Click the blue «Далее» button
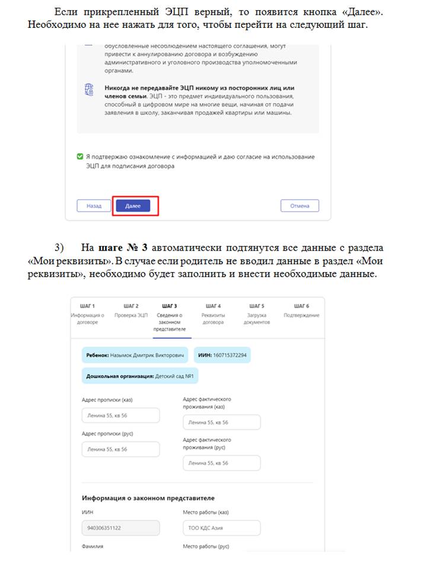[133, 206]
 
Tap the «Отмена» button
[299, 206]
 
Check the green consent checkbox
[80, 157]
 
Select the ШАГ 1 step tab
[87, 314]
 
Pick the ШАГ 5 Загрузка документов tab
[257, 314]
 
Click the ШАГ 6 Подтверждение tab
[302, 310]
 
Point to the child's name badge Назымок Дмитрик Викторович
[135, 355]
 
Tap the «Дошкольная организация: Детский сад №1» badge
[141, 376]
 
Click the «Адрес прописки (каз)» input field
[120, 415]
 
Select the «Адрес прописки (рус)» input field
[120, 449]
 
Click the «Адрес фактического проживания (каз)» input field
[221, 423]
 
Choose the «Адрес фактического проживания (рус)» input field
[221, 463]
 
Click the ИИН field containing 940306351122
[120, 528]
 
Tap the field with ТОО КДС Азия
[221, 528]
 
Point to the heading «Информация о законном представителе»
[148, 498]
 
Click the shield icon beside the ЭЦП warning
[90, 90]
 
